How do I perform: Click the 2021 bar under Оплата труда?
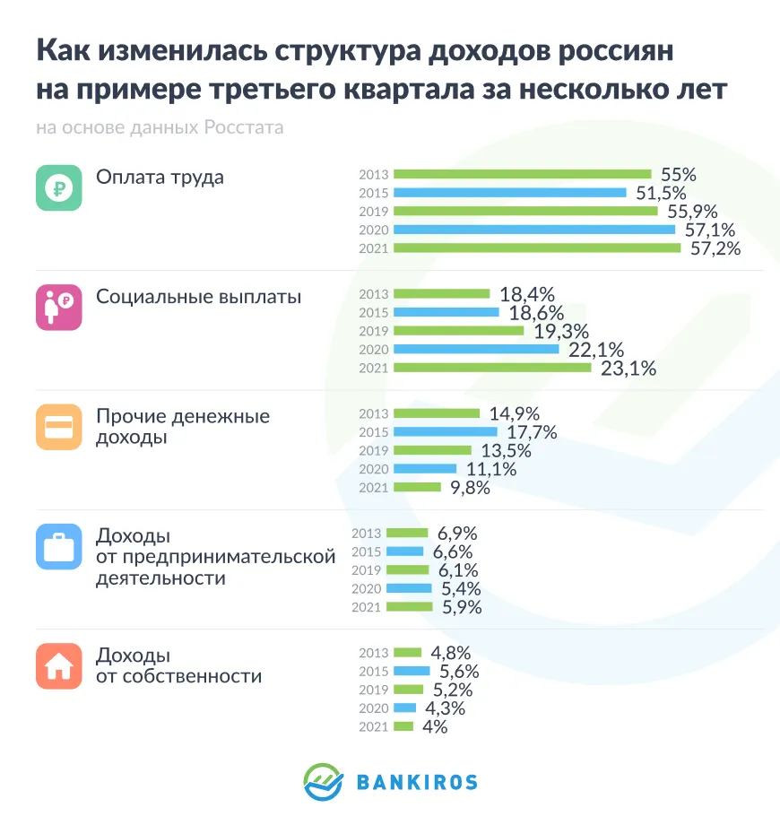(536, 247)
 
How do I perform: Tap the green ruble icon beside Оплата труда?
(59, 188)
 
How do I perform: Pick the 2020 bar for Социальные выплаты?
(476, 349)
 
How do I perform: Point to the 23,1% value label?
(628, 368)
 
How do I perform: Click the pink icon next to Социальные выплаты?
(59, 308)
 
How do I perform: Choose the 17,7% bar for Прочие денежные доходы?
(445, 432)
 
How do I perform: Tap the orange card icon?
(59, 427)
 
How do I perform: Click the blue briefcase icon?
(59, 547)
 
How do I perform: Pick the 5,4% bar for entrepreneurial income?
(409, 588)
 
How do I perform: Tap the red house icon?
(59, 666)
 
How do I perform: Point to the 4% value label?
(435, 727)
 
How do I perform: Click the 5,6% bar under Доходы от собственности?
(412, 671)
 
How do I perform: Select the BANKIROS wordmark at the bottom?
(417, 782)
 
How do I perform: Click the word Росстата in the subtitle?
(243, 127)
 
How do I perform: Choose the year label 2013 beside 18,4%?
(373, 294)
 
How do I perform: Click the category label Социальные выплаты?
(198, 297)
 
